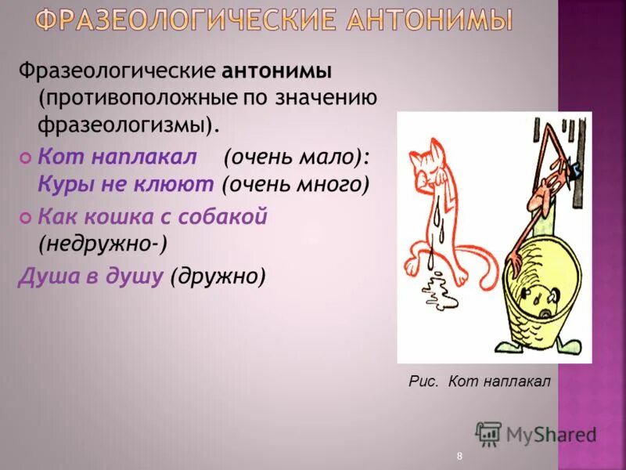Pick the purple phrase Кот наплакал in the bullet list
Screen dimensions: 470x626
coord(117,156)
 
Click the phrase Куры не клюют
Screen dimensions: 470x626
coord(126,185)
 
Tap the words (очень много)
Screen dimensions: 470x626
coord(295,185)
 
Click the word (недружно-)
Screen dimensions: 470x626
coord(102,244)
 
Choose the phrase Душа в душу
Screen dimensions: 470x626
coord(92,276)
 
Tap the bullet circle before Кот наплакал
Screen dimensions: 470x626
coord(26,157)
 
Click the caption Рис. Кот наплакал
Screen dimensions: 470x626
coord(480,381)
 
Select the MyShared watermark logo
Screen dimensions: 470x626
coord(535,433)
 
